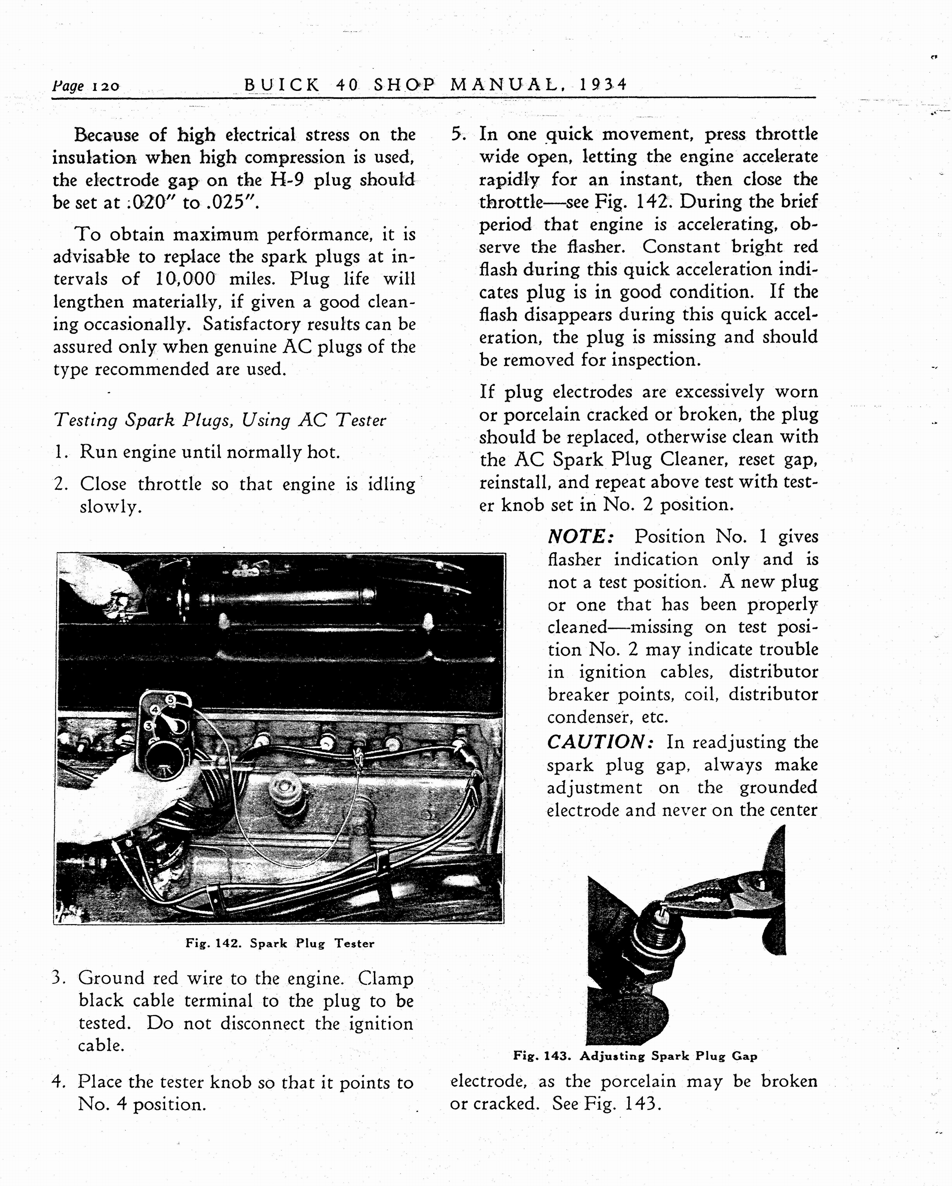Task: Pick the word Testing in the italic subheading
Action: pos(85,421)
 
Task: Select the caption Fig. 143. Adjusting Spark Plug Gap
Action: pos(635,1056)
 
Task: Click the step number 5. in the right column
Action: pos(458,134)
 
